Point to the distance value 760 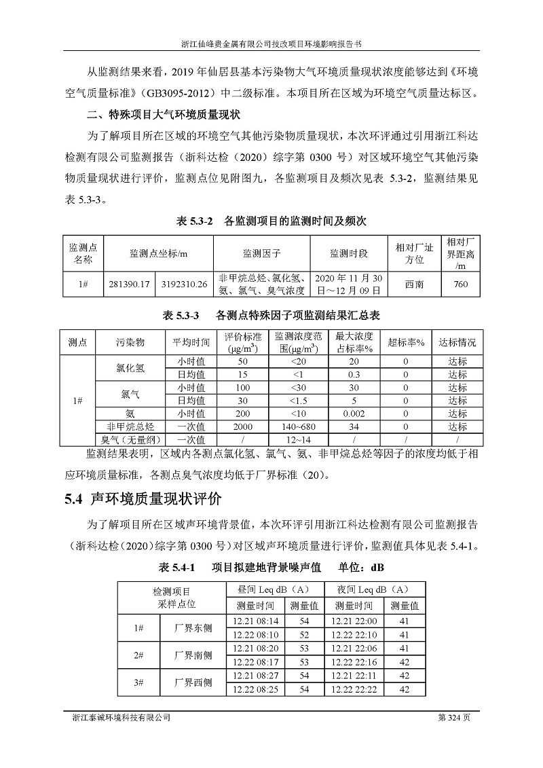point(460,285)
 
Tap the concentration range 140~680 point(297,426)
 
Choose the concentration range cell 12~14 point(297,440)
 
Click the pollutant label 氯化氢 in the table point(130,367)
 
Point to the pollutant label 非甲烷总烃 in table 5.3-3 point(130,426)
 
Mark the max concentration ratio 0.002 point(354,414)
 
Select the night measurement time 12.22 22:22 point(354,689)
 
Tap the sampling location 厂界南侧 point(193,655)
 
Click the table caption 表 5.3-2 point(195,221)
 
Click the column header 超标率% point(405,342)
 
